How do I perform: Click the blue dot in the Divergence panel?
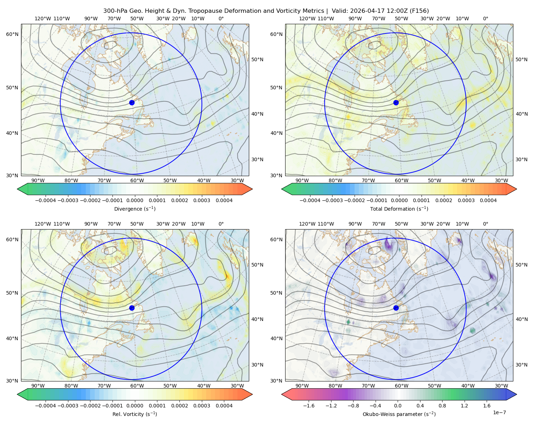coord(132,103)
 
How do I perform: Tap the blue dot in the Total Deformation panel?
coord(396,103)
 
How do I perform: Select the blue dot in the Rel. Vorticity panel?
coord(132,308)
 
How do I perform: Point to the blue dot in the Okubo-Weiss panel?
coord(396,308)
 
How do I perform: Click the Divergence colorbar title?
coord(135,209)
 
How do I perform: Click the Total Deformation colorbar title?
coord(399,209)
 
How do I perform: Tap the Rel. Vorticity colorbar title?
coord(135,414)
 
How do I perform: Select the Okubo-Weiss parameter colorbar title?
coord(399,414)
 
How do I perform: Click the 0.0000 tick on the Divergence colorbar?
coord(135,200)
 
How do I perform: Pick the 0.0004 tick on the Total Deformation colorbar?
coord(488,200)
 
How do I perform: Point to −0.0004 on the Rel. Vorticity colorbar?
coord(46,406)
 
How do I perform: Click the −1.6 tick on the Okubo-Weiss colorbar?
coord(309,406)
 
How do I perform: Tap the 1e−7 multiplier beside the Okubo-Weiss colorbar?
coord(499,412)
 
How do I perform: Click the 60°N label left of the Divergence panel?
coord(12,34)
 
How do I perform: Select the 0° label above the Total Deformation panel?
coord(485,19)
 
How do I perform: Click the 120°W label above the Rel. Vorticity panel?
coord(43,224)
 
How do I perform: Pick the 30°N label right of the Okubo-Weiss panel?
coord(522,365)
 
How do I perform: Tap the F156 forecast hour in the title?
coord(419,11)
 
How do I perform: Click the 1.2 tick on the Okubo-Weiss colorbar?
coord(464,406)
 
